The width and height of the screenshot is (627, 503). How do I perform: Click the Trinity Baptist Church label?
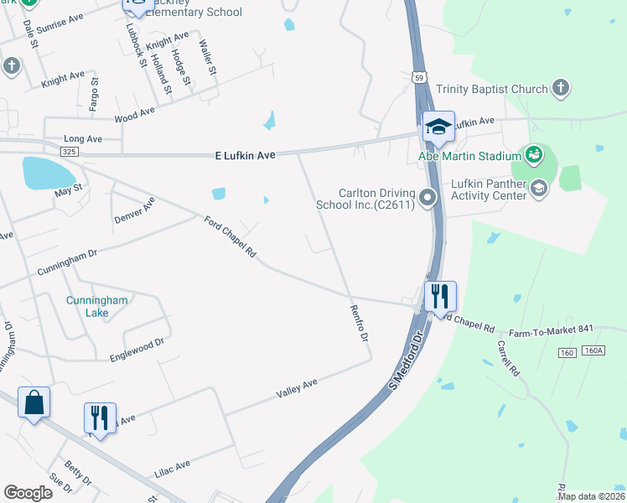coord(492,89)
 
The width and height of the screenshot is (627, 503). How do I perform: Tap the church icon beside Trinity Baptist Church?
coord(560,88)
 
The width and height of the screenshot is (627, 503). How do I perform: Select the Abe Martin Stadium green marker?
coord(533,155)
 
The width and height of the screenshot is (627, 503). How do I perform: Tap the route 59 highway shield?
coord(418,77)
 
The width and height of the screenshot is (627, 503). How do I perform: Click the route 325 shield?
coord(70,151)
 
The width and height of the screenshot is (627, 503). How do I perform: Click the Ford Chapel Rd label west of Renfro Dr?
coord(230,237)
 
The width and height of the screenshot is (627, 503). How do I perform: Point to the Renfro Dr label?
coord(359,323)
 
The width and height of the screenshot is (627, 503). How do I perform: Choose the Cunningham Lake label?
coord(87,307)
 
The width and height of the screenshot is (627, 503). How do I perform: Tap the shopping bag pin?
coord(34,402)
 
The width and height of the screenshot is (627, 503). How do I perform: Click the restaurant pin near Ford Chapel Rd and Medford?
coord(439,297)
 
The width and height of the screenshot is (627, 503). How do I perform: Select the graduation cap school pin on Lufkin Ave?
coord(438,127)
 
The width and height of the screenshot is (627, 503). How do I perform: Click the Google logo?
coord(28,493)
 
